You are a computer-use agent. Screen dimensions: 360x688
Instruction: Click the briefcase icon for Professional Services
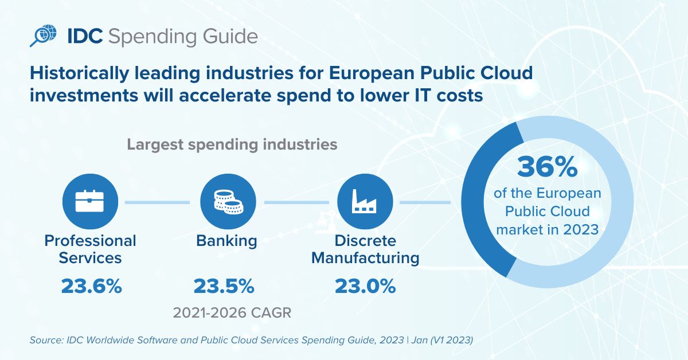coord(91,202)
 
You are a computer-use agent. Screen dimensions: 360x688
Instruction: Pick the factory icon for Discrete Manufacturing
coord(365,202)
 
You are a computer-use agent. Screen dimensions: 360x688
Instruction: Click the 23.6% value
coord(91,285)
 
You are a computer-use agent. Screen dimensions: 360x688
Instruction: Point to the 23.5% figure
coord(224,285)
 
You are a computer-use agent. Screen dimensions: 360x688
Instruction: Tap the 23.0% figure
coord(365,285)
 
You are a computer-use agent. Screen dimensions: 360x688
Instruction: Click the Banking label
coord(226,241)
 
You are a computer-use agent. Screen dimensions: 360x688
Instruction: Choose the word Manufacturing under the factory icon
coord(365,259)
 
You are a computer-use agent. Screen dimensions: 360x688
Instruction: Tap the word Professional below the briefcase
coord(91,241)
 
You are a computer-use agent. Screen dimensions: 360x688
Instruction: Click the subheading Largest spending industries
coord(232,144)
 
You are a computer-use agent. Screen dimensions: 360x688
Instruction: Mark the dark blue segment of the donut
coord(480,218)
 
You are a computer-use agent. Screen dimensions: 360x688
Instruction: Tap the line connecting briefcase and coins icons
coord(157,202)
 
